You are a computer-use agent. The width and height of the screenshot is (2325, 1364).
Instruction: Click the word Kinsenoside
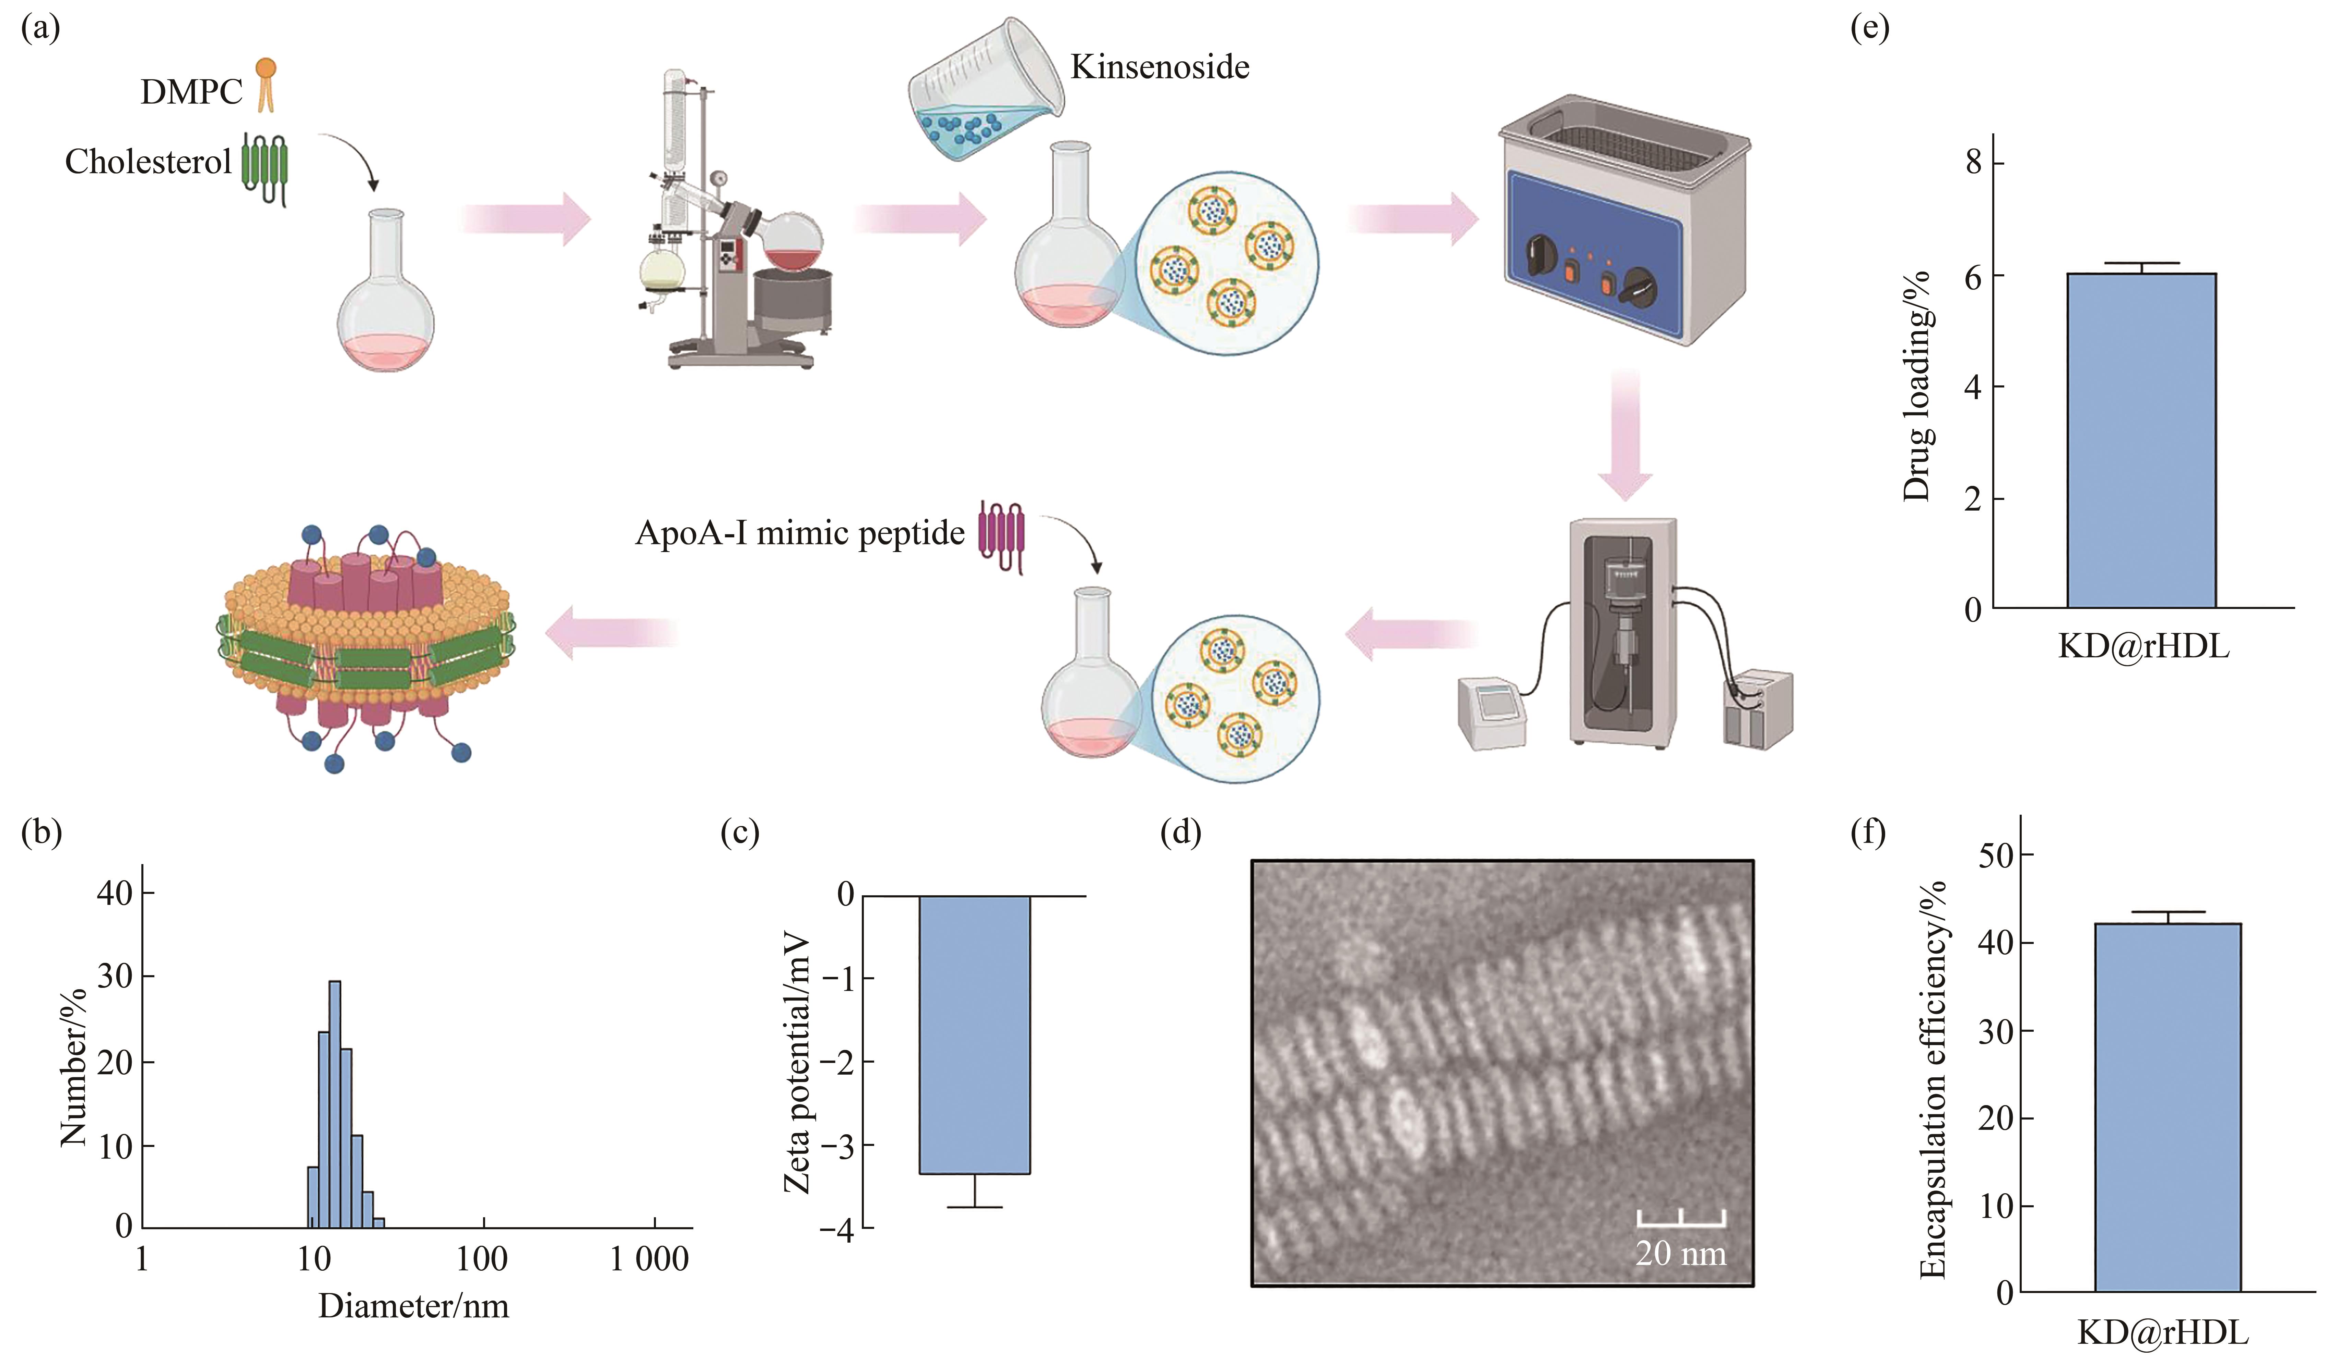1160,67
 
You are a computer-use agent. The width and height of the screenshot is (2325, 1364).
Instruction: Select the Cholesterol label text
148,162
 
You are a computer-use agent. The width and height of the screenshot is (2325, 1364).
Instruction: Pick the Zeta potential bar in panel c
974,1035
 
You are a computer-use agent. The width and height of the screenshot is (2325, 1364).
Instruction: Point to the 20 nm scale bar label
1680,1253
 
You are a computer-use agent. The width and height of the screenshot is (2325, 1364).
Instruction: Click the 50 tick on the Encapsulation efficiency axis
1996,855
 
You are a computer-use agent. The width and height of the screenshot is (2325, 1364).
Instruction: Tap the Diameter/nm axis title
413,1306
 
